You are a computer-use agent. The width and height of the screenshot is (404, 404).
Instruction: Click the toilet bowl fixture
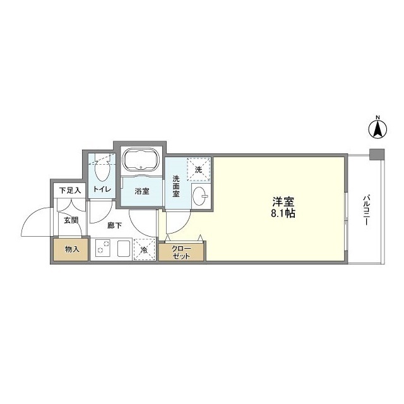click(x=102, y=170)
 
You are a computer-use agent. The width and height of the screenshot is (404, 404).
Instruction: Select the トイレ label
click(x=102, y=189)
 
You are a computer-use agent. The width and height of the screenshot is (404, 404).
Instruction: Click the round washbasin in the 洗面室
click(x=199, y=195)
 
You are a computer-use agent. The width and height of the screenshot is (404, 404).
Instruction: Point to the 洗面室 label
click(x=176, y=186)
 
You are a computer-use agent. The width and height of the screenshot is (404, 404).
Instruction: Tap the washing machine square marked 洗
click(x=198, y=170)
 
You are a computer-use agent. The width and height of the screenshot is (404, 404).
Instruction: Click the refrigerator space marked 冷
click(x=144, y=250)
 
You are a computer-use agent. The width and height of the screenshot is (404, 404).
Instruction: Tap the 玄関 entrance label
click(x=70, y=220)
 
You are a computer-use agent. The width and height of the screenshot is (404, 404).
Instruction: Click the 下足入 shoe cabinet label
click(x=70, y=190)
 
